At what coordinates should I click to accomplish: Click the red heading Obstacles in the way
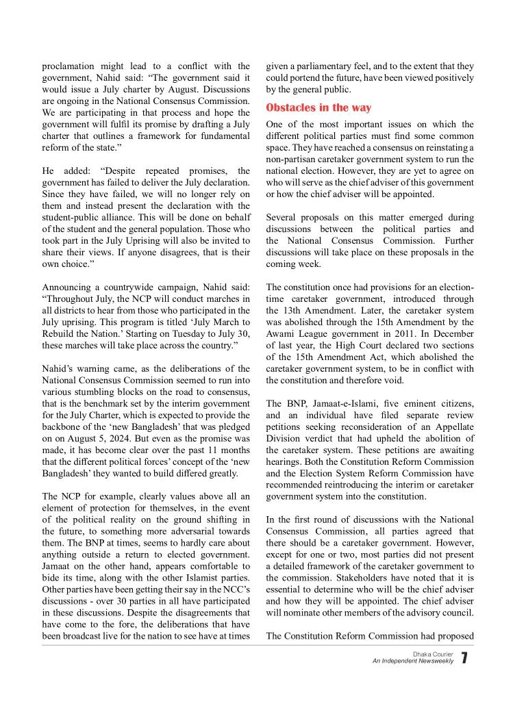pyautogui.click(x=318, y=107)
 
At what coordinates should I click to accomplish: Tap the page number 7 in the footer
pyautogui.click(x=464, y=659)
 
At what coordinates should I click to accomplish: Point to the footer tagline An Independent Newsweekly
pyautogui.click(x=413, y=661)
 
